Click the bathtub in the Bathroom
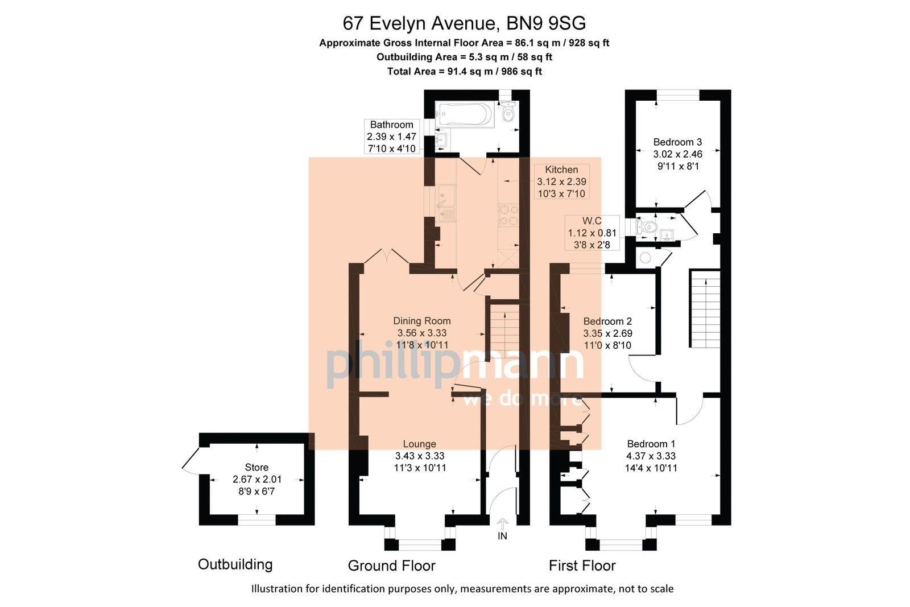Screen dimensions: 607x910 click(x=463, y=114)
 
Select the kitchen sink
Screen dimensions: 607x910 click(x=446, y=203)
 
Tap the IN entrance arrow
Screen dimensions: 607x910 click(x=503, y=523)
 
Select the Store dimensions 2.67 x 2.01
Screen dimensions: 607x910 click(x=257, y=480)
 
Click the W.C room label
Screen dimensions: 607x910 click(x=591, y=221)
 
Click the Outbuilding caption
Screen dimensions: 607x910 click(x=235, y=564)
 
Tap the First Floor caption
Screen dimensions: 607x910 click(x=582, y=565)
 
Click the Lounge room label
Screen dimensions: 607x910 click(x=419, y=444)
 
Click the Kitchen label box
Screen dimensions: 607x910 click(x=561, y=181)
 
